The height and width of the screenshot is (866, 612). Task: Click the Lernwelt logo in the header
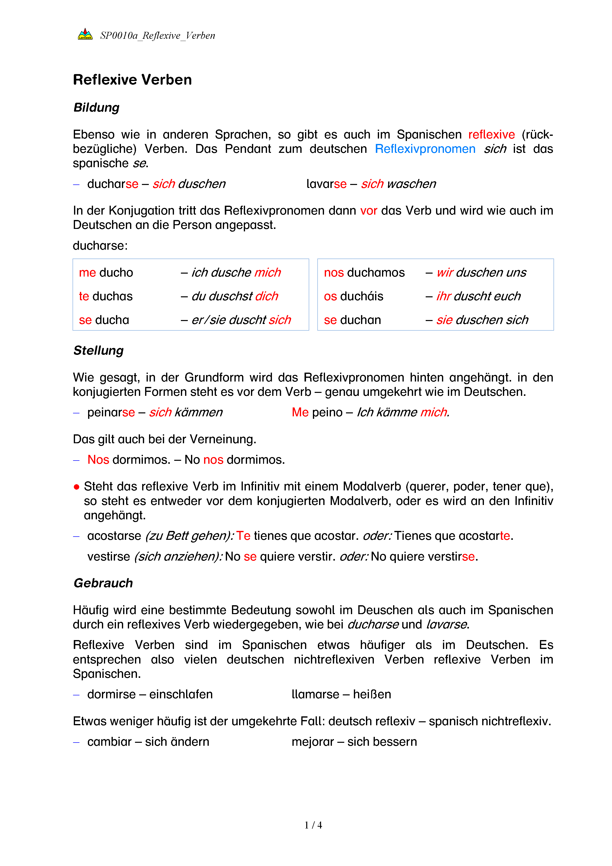[x=85, y=34]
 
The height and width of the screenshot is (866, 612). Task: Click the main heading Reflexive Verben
[x=132, y=80]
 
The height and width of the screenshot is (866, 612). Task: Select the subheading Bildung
[x=96, y=107]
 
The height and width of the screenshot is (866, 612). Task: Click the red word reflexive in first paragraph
[x=491, y=135]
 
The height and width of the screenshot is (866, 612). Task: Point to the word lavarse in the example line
[x=326, y=184]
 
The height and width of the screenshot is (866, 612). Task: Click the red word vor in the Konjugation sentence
[x=368, y=210]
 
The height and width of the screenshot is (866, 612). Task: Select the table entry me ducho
[x=106, y=273]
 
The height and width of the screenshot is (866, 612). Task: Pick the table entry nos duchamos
[x=364, y=273]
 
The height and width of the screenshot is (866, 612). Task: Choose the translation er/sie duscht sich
[x=241, y=320]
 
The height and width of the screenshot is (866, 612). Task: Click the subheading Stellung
[x=98, y=350]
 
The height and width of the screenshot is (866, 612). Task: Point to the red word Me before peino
[x=300, y=412]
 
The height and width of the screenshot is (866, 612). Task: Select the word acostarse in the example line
[x=114, y=536]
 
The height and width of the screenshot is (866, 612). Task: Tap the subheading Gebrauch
[x=103, y=583]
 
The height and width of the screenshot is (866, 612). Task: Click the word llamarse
[x=315, y=694]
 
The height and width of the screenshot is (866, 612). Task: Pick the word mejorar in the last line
[x=312, y=742]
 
